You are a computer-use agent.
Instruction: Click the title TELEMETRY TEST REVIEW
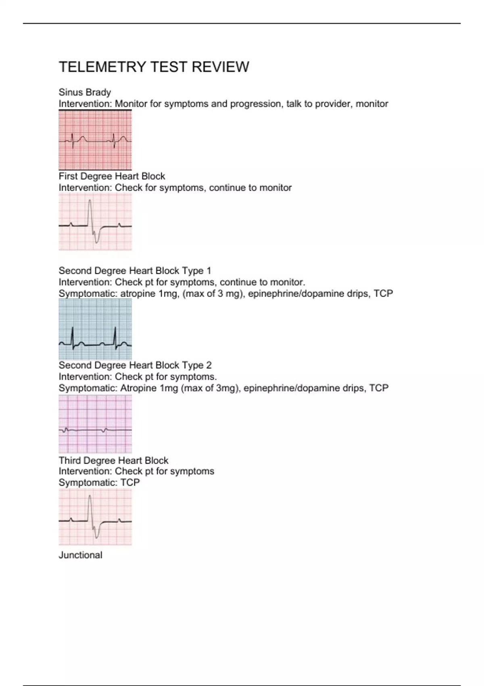[154, 67]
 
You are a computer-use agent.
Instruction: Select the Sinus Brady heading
[85, 92]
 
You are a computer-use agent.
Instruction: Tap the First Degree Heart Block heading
[112, 176]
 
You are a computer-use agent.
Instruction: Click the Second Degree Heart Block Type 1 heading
[135, 271]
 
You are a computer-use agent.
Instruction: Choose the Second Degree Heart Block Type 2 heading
[135, 365]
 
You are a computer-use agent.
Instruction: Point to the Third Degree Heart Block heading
[113, 460]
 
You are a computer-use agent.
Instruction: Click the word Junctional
[80, 555]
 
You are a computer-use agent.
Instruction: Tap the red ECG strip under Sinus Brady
[95, 140]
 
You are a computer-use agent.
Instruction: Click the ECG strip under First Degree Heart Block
[95, 222]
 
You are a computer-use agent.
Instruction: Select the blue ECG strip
[95, 329]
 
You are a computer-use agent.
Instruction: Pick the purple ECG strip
[95, 424]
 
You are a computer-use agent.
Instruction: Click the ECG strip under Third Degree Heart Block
[95, 517]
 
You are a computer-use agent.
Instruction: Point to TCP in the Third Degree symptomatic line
[130, 483]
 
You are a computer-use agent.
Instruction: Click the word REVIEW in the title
[220, 67]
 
